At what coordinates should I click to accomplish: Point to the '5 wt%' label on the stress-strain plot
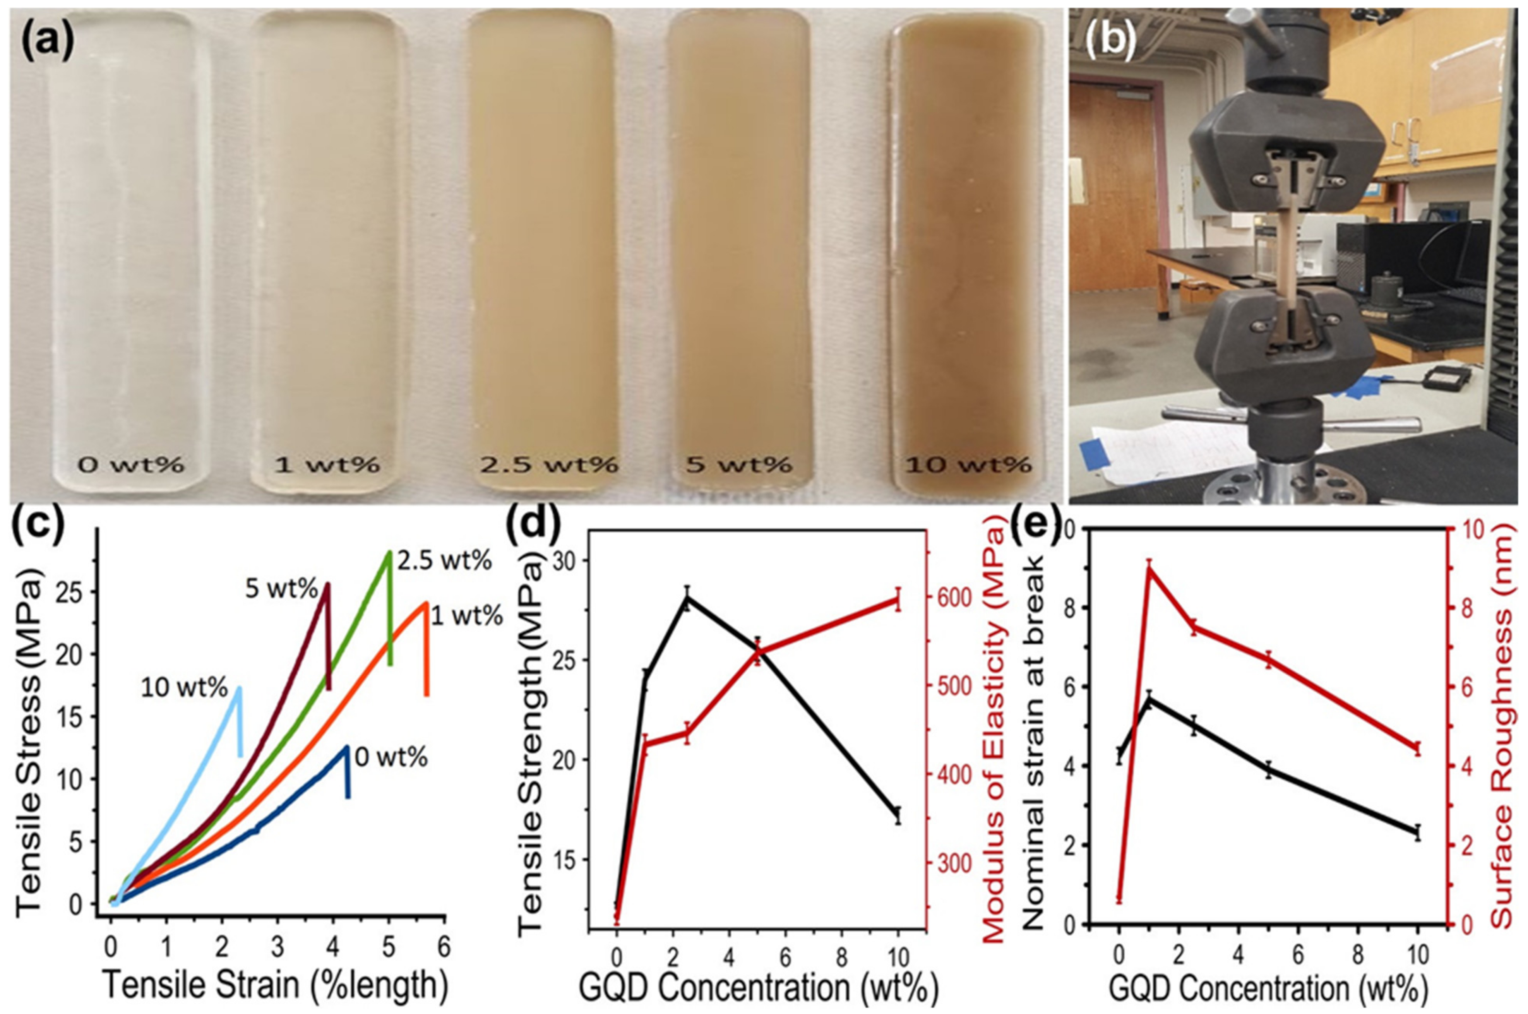coord(281,589)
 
